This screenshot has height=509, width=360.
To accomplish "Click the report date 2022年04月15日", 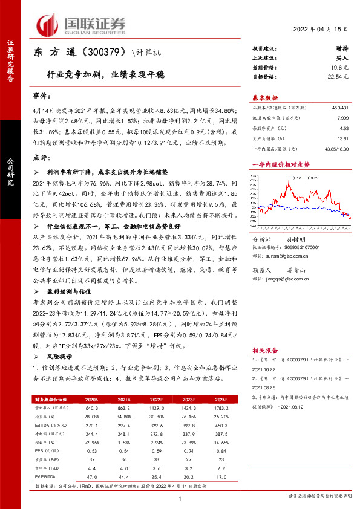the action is (x=320, y=29).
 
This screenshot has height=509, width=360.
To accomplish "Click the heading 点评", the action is (x=40, y=157).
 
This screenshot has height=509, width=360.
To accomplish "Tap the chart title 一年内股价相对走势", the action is (x=281, y=164).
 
